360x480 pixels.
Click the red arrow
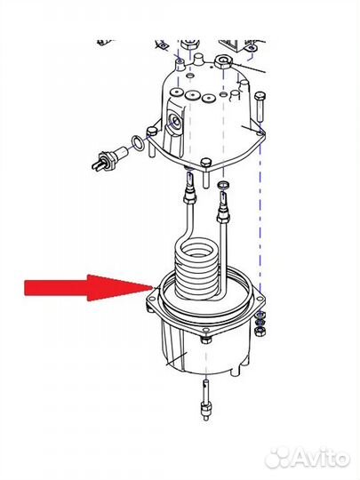click(89, 288)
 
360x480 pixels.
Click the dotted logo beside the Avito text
click(277, 458)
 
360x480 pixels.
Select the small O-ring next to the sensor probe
click(139, 143)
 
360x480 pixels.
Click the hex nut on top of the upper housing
click(223, 61)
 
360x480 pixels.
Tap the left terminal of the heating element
click(190, 189)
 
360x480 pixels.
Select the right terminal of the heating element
click(223, 206)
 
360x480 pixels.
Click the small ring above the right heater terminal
click(222, 184)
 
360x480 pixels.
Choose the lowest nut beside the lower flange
click(260, 331)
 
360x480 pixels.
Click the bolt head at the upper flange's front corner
click(206, 163)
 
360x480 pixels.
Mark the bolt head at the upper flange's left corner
click(152, 132)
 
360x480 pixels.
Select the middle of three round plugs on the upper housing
click(193, 95)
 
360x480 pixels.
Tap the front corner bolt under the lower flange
click(206, 339)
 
